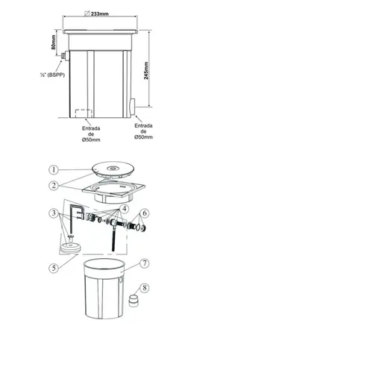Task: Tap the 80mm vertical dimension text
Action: [54, 43]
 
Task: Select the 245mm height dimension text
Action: [146, 71]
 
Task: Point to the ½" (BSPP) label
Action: [52, 75]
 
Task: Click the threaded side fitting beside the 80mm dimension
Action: [66, 55]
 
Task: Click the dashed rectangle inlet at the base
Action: [84, 113]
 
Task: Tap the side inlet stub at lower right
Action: [133, 107]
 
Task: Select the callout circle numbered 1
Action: [54, 170]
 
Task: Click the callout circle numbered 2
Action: [54, 186]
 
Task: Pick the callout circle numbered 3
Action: [54, 213]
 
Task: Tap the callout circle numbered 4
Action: [124, 209]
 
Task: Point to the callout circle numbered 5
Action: [54, 268]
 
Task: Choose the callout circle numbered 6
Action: [145, 213]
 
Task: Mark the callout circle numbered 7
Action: [145, 263]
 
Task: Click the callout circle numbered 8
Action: [145, 288]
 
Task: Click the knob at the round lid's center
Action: [113, 169]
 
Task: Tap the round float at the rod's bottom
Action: [71, 248]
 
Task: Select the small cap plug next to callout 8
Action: [134, 301]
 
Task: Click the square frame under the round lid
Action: [113, 192]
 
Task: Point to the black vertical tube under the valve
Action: [114, 239]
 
